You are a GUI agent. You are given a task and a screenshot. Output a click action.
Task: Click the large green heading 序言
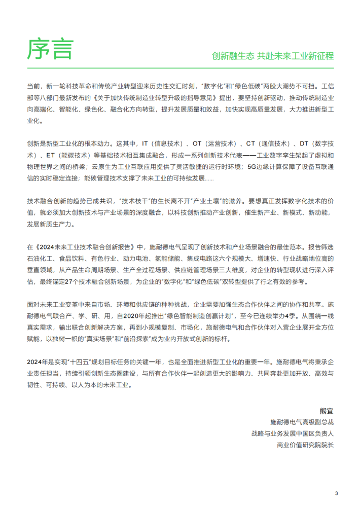click(49, 49)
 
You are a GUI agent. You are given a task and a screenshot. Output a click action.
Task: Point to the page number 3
click(336, 492)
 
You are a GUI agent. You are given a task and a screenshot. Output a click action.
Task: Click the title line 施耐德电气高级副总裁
click(303, 422)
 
